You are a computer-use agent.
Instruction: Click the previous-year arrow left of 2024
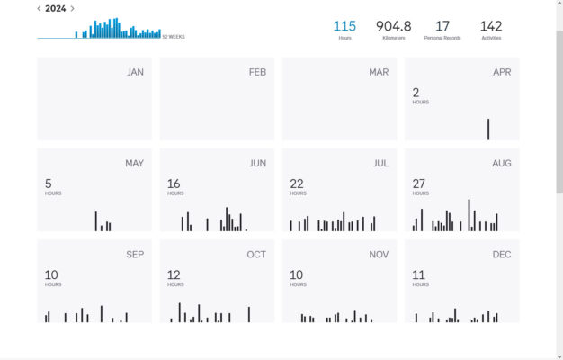[x=39, y=9]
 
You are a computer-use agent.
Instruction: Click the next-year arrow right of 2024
[x=72, y=9]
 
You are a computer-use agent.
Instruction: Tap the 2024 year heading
[x=55, y=9]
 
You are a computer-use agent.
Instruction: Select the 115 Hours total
[x=344, y=27]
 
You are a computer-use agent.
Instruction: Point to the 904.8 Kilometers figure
[x=393, y=27]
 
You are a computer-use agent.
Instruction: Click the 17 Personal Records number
[x=442, y=27]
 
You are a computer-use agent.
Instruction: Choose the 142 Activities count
[x=491, y=27]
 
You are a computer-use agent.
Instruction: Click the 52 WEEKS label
[x=174, y=37]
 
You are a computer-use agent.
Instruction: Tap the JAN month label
[x=135, y=72]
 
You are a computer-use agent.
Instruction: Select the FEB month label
[x=257, y=72]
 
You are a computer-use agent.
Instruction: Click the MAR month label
[x=379, y=72]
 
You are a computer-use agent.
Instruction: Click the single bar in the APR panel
[x=488, y=129]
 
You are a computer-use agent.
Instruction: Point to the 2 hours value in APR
[x=416, y=93]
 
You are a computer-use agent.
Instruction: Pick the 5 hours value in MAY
[x=49, y=184]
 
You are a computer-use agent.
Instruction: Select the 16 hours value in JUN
[x=174, y=184]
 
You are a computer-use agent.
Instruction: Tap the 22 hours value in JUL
[x=296, y=184]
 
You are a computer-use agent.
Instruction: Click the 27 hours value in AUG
[x=418, y=184]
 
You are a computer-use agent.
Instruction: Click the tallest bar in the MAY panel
[x=95, y=221]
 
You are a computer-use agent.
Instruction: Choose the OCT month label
[x=256, y=255]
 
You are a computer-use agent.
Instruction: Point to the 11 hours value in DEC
[x=418, y=274]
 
